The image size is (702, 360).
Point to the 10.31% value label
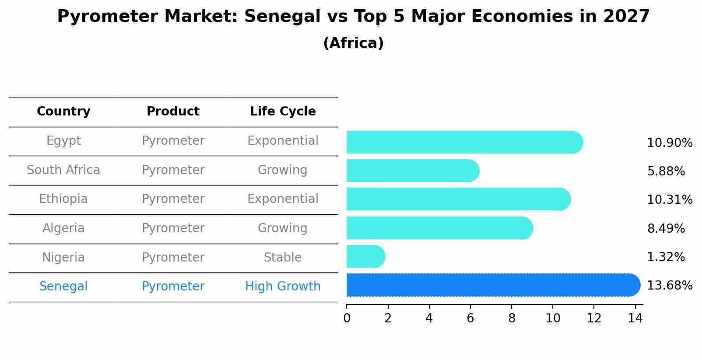669,200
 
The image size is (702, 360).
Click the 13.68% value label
669,286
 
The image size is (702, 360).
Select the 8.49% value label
666,228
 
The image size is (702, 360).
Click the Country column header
63,112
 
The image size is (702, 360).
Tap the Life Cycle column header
283,112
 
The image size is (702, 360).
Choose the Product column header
173,112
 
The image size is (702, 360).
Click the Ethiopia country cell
63,199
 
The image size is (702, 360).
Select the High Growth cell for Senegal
283,287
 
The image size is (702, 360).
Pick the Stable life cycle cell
283,257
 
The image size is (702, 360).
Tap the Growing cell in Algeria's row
283,228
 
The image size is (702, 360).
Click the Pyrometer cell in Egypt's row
173,141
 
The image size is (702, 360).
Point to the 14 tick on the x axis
635,318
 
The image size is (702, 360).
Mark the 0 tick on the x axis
347,318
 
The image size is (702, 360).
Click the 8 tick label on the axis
512,318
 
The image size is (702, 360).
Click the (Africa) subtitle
353,43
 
